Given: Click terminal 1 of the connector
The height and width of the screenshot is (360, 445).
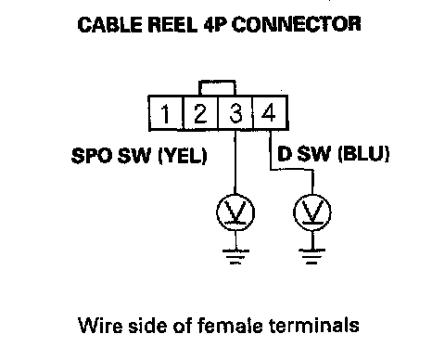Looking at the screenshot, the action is (166, 113).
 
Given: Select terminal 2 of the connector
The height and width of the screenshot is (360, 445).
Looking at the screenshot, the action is (201, 113).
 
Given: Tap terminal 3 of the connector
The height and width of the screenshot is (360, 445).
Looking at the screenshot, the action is (235, 113).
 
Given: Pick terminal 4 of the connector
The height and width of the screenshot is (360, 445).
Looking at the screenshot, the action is (271, 113).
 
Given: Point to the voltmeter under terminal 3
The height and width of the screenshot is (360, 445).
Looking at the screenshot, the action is (235, 212).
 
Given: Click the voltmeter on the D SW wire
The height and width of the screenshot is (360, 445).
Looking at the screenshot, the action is (312, 212).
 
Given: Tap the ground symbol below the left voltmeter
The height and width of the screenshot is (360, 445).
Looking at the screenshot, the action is (235, 256).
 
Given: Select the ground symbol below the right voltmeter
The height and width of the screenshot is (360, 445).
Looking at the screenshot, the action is (312, 256).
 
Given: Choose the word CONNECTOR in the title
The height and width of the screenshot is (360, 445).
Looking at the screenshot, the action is (297, 24).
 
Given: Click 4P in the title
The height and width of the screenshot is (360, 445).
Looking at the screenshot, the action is (214, 24).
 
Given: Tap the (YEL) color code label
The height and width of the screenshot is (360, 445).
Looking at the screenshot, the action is (182, 155).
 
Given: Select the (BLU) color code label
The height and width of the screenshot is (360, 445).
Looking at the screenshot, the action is (363, 154).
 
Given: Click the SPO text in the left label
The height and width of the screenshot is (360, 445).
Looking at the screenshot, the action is (91, 155).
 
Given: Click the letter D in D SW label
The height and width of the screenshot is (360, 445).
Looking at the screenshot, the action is (285, 154).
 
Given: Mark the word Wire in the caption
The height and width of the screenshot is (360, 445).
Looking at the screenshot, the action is (100, 326).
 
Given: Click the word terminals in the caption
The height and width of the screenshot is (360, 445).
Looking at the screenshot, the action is (314, 325).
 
